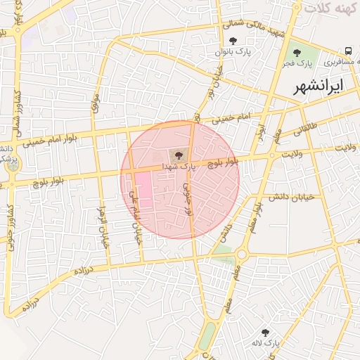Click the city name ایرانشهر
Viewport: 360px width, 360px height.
tap(321, 86)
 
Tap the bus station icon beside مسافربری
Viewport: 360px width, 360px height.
tap(349, 51)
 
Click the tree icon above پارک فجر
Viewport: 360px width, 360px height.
tap(297, 52)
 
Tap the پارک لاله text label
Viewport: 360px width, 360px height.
tap(267, 342)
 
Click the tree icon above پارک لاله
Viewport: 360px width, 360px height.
tap(265, 331)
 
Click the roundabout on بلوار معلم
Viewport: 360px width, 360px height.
tap(242, 253)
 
